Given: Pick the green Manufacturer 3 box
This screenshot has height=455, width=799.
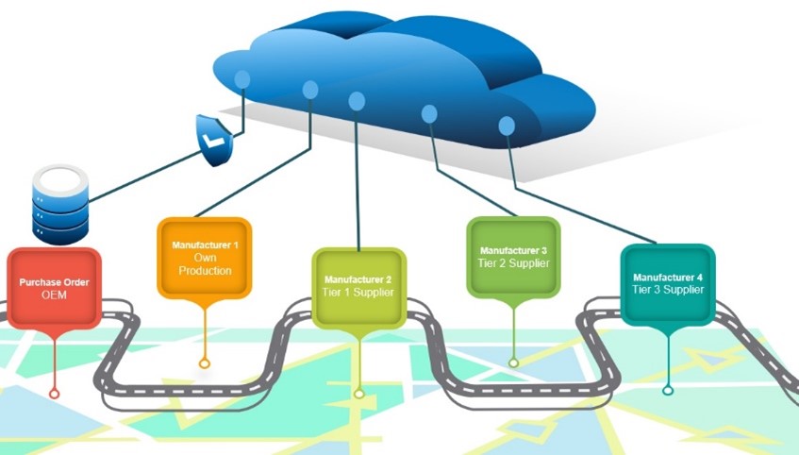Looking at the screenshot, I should pos(513,256).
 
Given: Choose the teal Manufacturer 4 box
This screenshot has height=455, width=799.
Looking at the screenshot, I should pos(667,283).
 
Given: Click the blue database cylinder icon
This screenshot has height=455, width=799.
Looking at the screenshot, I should pos(58,203).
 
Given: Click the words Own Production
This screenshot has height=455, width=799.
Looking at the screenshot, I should pos(206,264).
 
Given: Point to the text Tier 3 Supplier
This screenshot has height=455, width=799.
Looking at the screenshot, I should pos(668,290).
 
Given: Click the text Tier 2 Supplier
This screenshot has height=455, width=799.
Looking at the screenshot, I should pos(513,262).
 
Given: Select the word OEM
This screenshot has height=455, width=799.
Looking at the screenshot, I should pos(55,295).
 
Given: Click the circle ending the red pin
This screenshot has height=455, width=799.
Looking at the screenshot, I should pos(55,392).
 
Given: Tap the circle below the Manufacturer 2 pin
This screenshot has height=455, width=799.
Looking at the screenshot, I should pos(358,393).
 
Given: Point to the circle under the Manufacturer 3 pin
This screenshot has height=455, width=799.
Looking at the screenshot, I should pos(513,362).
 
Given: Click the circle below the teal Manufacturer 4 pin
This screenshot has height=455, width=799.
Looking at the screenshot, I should pos(668,390).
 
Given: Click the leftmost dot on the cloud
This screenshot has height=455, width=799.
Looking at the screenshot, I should pos(242,78).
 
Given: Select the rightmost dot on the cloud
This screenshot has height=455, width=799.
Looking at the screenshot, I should pos(507,125).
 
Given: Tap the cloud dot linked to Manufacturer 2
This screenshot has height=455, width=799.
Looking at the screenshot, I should pos(357,100).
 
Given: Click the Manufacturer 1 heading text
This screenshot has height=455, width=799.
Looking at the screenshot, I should pos(206,245).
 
